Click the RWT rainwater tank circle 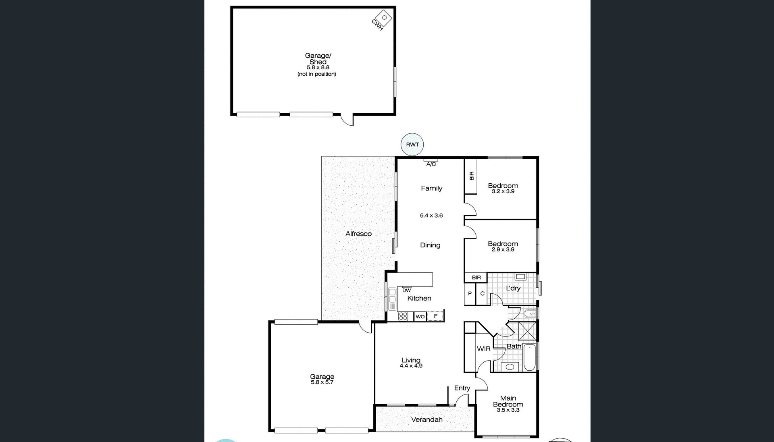tap(412, 144)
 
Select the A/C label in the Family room tap(431, 164)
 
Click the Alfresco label tap(358, 234)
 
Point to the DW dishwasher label tap(406, 290)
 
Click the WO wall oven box tap(420, 317)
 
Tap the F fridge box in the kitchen tap(435, 316)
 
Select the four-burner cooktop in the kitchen tap(403, 316)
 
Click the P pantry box tap(470, 294)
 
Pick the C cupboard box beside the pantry tap(482, 294)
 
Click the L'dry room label tap(513, 288)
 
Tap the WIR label tap(483, 349)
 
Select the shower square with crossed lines tap(527, 332)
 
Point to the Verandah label tap(427, 419)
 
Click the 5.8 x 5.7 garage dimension tap(322, 382)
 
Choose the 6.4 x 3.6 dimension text tap(431, 216)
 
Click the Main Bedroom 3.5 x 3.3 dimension tap(508, 410)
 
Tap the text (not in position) tap(317, 74)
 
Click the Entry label tap(462, 388)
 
